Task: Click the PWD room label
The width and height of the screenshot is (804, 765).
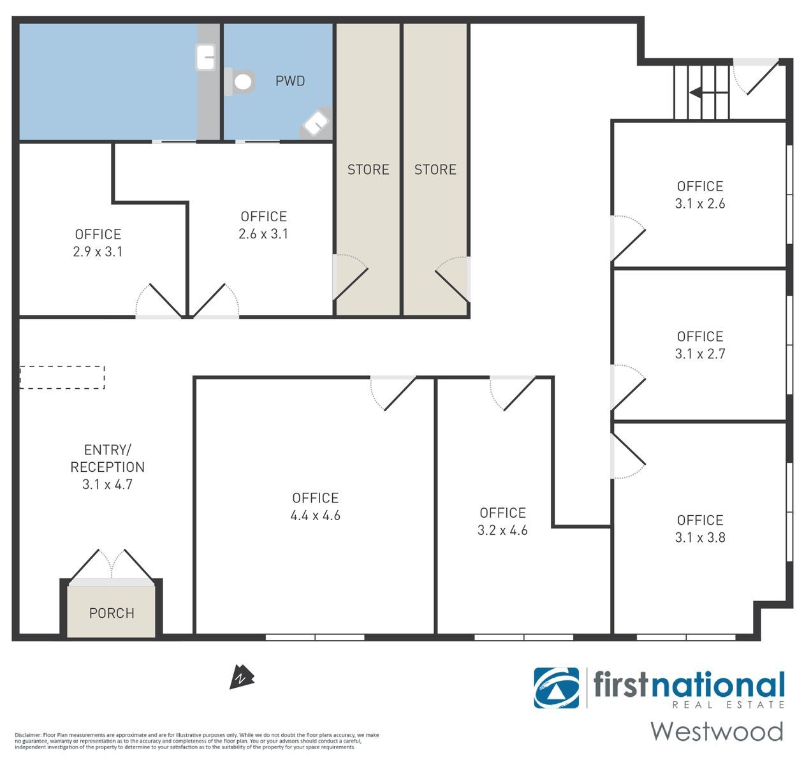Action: tap(290, 81)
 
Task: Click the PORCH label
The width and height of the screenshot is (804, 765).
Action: tap(112, 613)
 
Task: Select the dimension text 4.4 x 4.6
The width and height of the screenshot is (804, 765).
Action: tap(316, 516)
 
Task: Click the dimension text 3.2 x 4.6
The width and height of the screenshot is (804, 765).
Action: tap(502, 530)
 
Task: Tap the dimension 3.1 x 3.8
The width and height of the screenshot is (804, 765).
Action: tap(700, 537)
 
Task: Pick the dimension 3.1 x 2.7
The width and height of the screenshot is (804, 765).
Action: tap(700, 354)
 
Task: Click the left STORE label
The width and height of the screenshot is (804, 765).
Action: tap(368, 170)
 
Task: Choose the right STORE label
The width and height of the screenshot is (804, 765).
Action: tap(435, 170)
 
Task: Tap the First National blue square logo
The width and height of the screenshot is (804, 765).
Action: tap(556, 688)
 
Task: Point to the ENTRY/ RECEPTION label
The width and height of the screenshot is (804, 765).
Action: tap(107, 458)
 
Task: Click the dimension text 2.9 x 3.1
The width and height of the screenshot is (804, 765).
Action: tap(98, 252)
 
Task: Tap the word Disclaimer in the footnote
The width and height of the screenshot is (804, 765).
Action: tap(27, 735)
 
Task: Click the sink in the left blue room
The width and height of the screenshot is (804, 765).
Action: tap(205, 57)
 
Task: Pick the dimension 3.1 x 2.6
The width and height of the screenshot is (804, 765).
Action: tap(700, 203)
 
